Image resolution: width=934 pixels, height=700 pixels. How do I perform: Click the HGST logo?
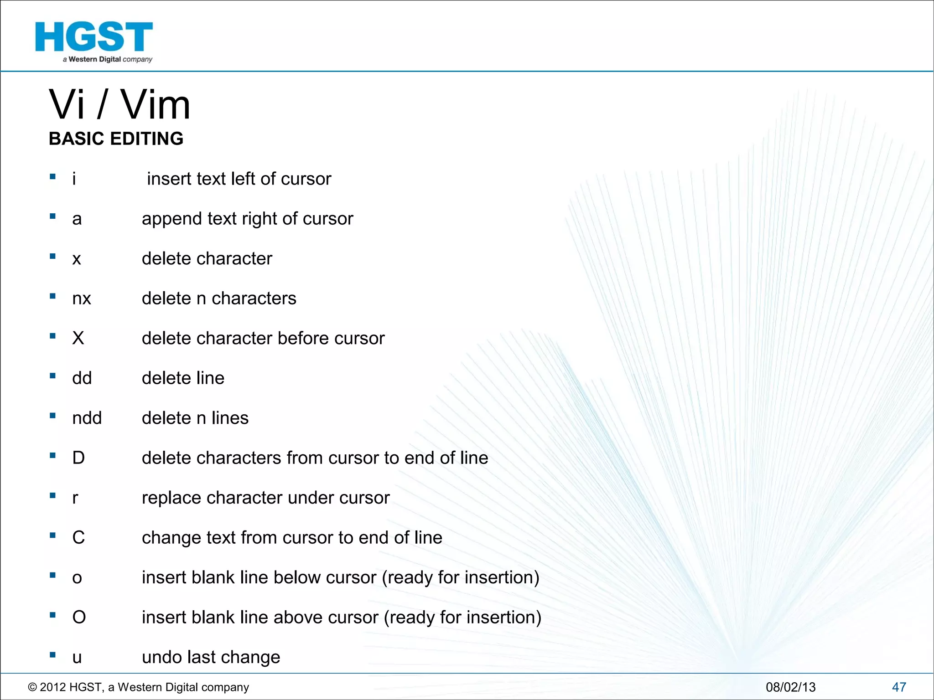[x=94, y=41]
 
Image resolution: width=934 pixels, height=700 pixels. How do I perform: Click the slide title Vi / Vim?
[x=119, y=105]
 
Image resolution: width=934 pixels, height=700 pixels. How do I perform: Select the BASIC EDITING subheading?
[x=116, y=139]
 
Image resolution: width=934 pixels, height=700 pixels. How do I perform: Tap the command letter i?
[x=74, y=179]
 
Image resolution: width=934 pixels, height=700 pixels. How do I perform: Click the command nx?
[x=82, y=299]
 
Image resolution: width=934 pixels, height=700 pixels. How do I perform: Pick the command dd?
[x=82, y=378]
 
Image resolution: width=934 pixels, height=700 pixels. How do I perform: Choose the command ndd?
[x=87, y=418]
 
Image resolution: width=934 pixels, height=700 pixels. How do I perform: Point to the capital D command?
[x=78, y=458]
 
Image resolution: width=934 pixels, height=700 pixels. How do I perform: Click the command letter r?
[x=75, y=498]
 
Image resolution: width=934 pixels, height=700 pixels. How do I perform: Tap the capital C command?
[x=78, y=538]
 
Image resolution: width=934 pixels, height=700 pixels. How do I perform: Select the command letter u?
[x=77, y=658]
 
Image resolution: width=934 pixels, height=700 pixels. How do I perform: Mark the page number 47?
[x=899, y=687]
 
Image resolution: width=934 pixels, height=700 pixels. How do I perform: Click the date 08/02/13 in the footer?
[x=790, y=687]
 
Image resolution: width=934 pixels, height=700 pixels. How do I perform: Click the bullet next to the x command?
[x=53, y=257]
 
